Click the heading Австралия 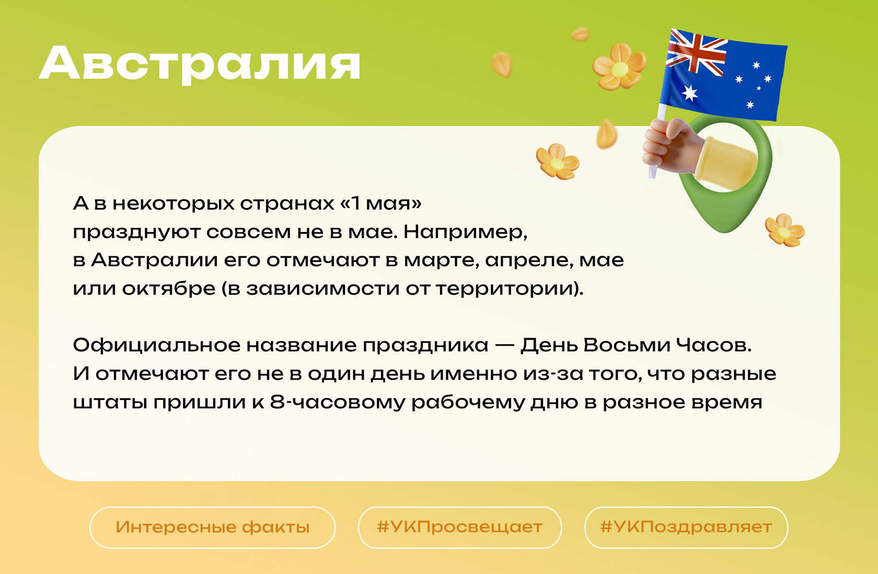200,64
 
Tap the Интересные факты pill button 212,527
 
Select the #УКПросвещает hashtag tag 460,527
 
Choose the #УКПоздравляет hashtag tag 686,527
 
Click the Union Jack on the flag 697,53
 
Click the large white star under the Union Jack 689,93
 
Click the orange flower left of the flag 619,67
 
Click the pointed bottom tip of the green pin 725,232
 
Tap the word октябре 168,289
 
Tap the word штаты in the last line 110,403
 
